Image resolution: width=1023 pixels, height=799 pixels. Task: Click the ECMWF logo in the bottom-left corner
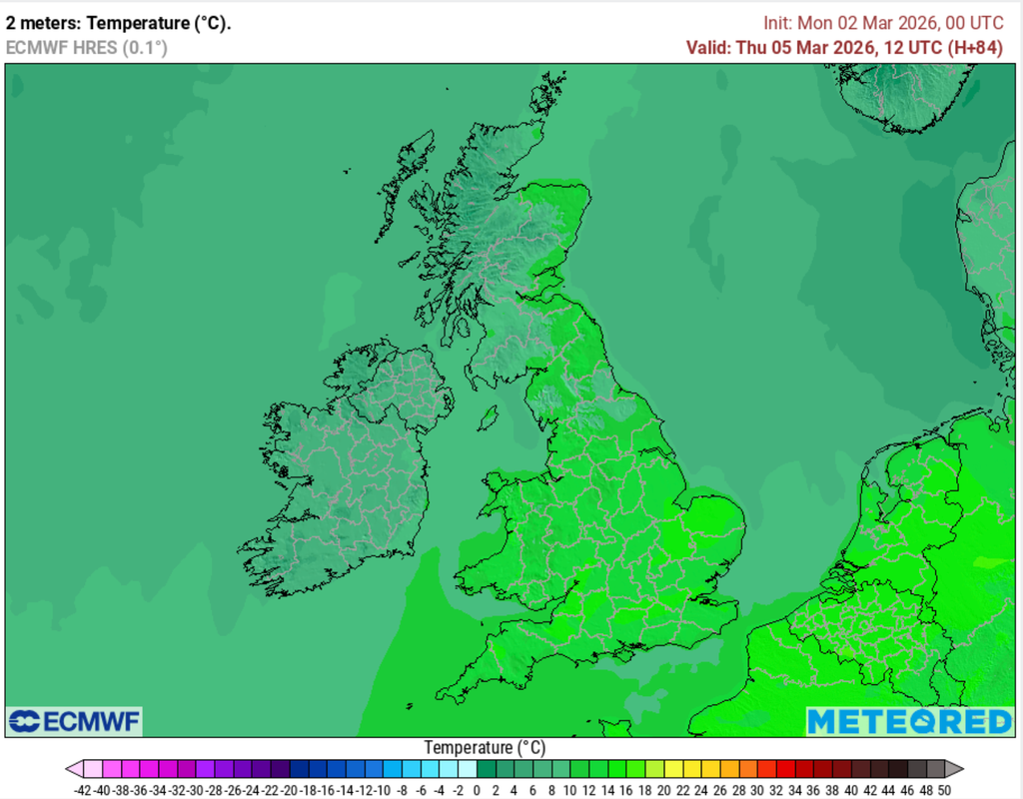pyautogui.click(x=74, y=721)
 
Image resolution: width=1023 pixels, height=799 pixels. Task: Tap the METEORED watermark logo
pyautogui.click(x=909, y=721)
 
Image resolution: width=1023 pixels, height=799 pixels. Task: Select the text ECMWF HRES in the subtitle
pyautogui.click(x=61, y=47)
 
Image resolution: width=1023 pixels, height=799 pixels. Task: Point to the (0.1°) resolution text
pyautogui.click(x=144, y=47)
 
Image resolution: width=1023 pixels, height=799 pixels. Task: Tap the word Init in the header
pyautogui.click(x=776, y=23)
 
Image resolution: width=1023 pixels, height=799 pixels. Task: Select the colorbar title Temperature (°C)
pyautogui.click(x=485, y=747)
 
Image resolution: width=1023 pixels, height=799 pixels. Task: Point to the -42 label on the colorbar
pyautogui.click(x=83, y=790)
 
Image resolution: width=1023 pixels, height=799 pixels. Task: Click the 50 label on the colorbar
pyautogui.click(x=943, y=790)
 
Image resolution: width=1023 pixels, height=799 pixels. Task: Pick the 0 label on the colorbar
pyautogui.click(x=477, y=790)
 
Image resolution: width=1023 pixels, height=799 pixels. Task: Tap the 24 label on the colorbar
pyautogui.click(x=700, y=790)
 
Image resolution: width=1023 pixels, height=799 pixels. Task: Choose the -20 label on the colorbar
pyautogui.click(x=289, y=790)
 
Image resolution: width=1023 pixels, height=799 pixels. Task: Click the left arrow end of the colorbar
pyautogui.click(x=73, y=769)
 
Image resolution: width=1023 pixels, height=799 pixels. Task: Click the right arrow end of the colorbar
pyautogui.click(x=955, y=769)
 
